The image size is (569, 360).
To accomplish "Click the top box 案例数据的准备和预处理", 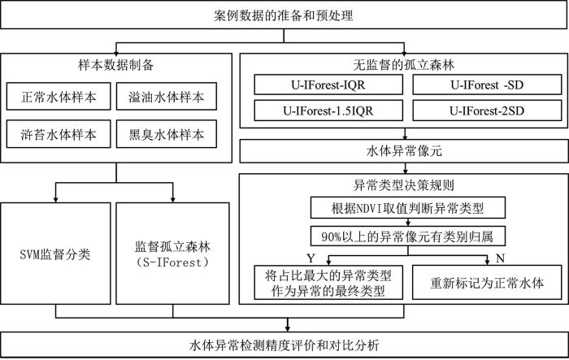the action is [x=284, y=16].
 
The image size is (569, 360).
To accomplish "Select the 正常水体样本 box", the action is [x=59, y=97].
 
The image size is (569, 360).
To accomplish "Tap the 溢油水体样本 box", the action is [x=167, y=97].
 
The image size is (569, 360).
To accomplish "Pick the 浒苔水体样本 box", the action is [x=59, y=134].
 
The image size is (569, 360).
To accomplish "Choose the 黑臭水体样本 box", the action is [x=167, y=134].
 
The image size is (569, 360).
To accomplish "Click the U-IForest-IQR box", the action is [x=328, y=85].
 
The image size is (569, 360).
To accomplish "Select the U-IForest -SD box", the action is [x=487, y=85].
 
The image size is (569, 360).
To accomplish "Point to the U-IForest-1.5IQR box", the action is [x=328, y=111].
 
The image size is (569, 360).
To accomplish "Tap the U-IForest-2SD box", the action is [x=487, y=111].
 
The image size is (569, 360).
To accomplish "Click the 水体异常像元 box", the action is [x=404, y=151].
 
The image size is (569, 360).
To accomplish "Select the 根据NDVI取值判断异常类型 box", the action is [x=408, y=208].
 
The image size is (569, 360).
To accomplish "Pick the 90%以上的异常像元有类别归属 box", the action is [x=408, y=236].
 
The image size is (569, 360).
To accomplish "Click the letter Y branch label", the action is [x=311, y=258].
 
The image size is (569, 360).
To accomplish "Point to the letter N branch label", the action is [x=501, y=258].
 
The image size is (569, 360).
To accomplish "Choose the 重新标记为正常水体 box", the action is [x=487, y=282].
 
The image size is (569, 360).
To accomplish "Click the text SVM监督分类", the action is [x=55, y=254].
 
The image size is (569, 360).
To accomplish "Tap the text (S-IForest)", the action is [x=172, y=262].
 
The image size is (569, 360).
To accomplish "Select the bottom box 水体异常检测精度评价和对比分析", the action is [x=284, y=345].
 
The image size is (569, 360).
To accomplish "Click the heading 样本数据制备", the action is [x=116, y=65].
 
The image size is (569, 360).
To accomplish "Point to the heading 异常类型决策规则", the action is [x=403, y=185].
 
